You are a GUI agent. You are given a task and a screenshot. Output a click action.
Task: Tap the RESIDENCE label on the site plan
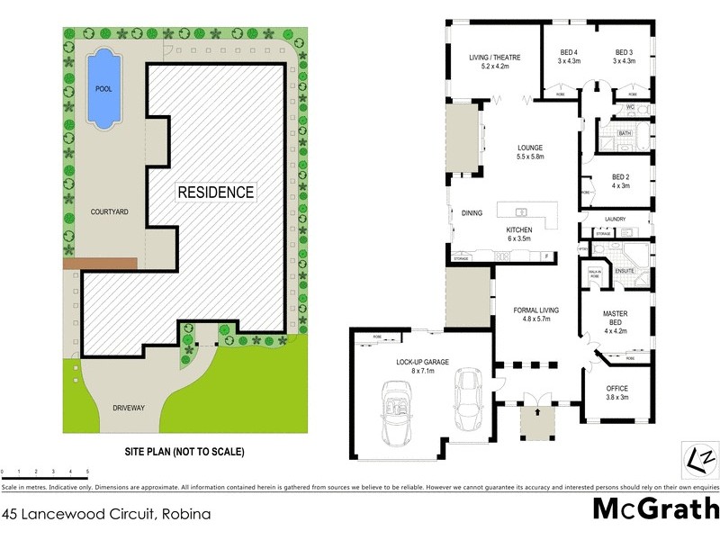pyautogui.click(x=215, y=192)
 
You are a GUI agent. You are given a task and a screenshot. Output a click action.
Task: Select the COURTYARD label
pyautogui.click(x=110, y=212)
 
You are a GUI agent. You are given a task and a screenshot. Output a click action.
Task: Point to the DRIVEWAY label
pyautogui.click(x=129, y=408)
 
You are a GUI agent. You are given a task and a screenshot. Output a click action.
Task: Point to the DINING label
pyautogui.click(x=472, y=213)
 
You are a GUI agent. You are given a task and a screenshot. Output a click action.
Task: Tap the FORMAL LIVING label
pyautogui.click(x=535, y=314)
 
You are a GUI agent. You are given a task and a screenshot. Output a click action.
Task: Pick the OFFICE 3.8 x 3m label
pyautogui.click(x=617, y=392)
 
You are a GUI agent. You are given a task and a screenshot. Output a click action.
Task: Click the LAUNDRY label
pyautogui.click(x=616, y=219)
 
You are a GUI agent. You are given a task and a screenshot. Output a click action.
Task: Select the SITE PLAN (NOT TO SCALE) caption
pyautogui.click(x=184, y=451)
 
